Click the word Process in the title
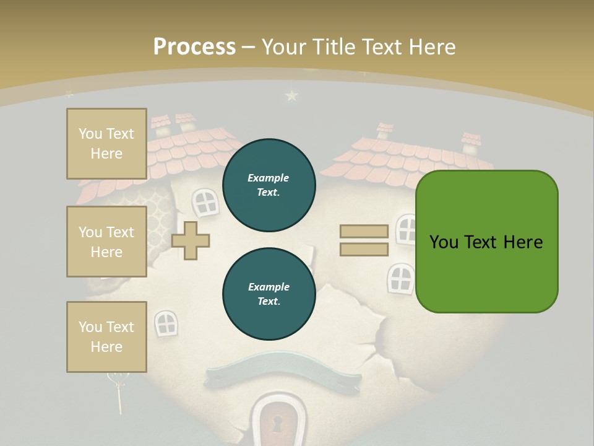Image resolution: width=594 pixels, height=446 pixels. (x=194, y=47)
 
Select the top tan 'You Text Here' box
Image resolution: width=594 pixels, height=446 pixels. (x=106, y=144)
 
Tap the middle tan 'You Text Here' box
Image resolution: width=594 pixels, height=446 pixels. (x=106, y=242)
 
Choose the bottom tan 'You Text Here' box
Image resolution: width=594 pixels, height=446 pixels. (x=106, y=336)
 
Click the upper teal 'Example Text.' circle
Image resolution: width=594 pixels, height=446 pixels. (x=269, y=185)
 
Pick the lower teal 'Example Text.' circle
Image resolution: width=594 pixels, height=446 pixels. (x=269, y=294)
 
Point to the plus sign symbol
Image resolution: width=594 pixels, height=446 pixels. (x=191, y=240)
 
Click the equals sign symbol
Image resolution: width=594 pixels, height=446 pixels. (x=364, y=240)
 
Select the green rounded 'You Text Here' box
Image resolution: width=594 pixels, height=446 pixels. (x=486, y=242)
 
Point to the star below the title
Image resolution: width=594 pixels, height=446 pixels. (x=291, y=95)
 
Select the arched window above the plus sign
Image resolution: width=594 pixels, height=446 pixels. (x=205, y=201)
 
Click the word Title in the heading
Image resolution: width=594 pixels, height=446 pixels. (x=335, y=47)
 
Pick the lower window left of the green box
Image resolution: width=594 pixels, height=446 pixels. (x=400, y=278)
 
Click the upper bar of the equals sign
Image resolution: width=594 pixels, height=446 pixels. (x=364, y=232)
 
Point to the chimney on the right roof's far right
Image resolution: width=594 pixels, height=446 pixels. (x=471, y=141)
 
